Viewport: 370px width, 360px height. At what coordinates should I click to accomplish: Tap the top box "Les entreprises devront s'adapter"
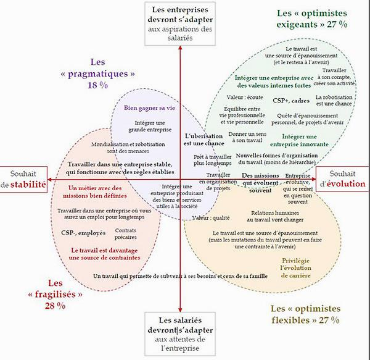(x=179, y=23)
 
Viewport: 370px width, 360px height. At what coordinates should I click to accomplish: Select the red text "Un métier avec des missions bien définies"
(x=94, y=192)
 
